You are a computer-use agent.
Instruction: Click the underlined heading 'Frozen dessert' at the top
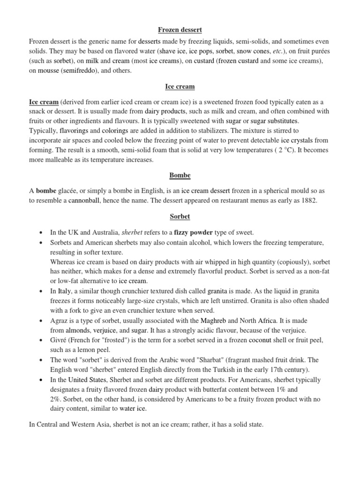pyautogui.click(x=180, y=30)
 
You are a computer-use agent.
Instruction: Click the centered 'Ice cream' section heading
pyautogui.click(x=180, y=87)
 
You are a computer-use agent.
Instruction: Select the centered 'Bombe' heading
pyautogui.click(x=180, y=176)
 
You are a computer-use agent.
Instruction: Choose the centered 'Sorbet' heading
pyautogui.click(x=180, y=217)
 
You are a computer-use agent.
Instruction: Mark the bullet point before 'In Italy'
pyautogui.click(x=41, y=291)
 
